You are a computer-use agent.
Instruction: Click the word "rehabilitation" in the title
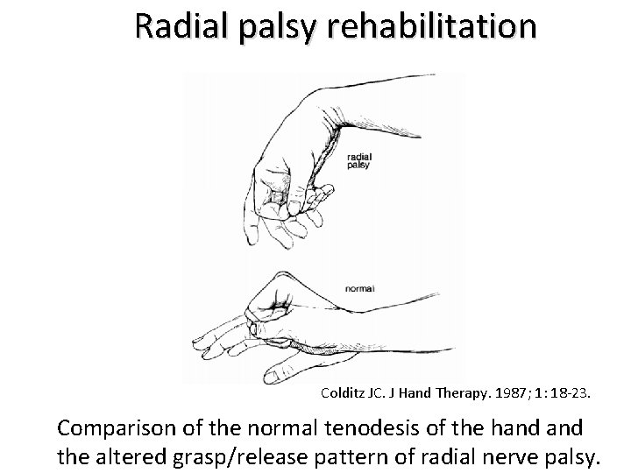coord(431,26)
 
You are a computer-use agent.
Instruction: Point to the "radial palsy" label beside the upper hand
coord(359,160)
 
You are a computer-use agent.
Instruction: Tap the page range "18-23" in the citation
coord(572,395)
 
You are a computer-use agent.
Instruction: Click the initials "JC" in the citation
coord(376,395)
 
